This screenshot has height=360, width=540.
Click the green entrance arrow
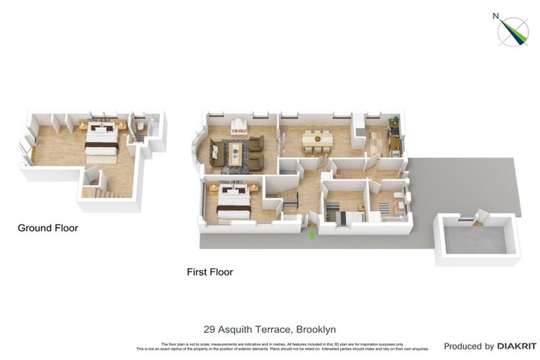(x=311, y=235)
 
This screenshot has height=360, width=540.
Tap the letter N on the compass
(x=496, y=16)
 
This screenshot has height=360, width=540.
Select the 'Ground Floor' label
(x=48, y=228)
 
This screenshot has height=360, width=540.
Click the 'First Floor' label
(x=210, y=271)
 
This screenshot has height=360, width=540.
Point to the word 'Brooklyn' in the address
(x=316, y=329)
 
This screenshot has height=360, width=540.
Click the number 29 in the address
(x=209, y=329)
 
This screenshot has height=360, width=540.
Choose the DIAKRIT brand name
(x=517, y=346)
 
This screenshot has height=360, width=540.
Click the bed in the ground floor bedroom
(x=102, y=140)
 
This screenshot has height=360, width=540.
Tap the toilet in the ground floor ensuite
(x=141, y=127)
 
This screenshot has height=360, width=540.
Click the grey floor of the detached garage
(x=475, y=239)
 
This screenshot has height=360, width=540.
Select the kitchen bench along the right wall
(x=394, y=137)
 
